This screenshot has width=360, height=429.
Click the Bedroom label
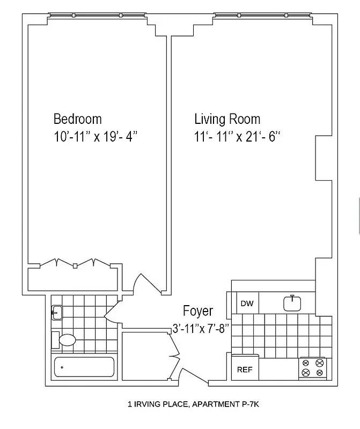click(77, 119)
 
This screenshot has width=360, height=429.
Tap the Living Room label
click(227, 119)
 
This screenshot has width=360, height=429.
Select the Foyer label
click(198, 311)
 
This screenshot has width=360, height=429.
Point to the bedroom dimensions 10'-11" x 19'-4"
click(96, 137)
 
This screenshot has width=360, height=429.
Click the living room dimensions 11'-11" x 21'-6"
click(238, 137)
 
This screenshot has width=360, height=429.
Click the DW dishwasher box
click(247, 304)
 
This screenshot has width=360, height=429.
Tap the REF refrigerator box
click(245, 370)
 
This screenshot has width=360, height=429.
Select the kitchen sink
click(293, 303)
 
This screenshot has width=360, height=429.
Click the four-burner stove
click(313, 368)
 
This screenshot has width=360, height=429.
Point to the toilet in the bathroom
click(65, 339)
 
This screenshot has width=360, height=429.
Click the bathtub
click(84, 368)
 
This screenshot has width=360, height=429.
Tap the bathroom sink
click(56, 312)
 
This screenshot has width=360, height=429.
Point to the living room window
click(262, 14)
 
